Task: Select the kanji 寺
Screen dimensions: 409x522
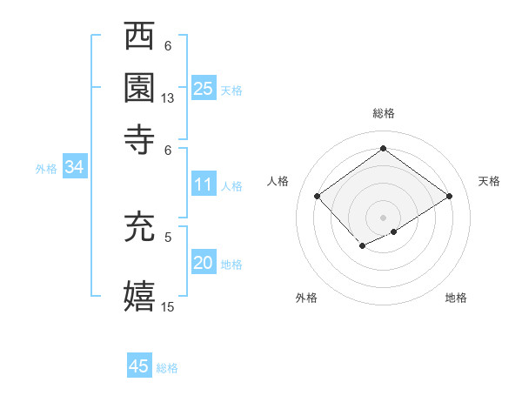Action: (x=140, y=140)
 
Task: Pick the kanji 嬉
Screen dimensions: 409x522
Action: (x=140, y=295)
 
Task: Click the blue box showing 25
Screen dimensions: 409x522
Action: (x=204, y=88)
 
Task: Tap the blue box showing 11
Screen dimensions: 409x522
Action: (x=204, y=184)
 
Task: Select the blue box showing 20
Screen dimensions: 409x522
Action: (x=204, y=264)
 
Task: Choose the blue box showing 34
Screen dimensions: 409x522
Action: (x=74, y=168)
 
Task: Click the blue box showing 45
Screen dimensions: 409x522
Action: (x=139, y=366)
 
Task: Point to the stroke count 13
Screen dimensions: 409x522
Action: (x=168, y=98)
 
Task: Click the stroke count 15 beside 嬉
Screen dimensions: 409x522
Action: (x=168, y=305)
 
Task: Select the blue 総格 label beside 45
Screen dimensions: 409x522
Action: (x=167, y=368)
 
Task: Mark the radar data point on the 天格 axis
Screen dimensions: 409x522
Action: (x=450, y=197)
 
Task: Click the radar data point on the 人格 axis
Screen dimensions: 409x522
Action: (x=318, y=197)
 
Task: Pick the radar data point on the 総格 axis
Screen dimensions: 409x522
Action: (x=384, y=149)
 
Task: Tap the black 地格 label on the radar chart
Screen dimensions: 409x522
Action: (x=456, y=298)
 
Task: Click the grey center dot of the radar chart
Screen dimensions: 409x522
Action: (x=384, y=217)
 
